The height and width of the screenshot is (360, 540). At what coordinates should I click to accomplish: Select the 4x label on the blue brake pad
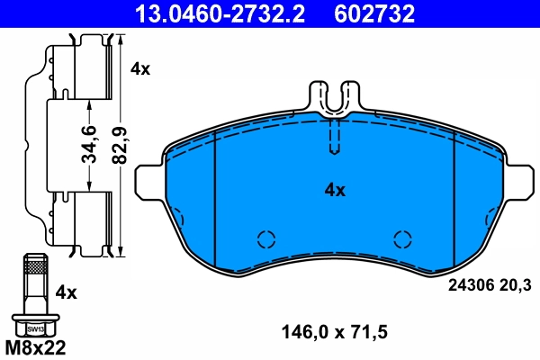[x=335, y=190]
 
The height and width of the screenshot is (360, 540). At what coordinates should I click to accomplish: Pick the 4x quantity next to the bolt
[x=67, y=292]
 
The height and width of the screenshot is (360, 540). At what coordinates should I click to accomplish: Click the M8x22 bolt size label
[x=36, y=346]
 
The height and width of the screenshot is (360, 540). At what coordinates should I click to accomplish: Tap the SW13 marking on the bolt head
[x=33, y=328]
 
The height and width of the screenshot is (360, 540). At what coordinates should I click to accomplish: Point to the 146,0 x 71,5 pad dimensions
[x=335, y=332]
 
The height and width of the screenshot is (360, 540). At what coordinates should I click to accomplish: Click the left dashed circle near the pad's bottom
[x=265, y=239]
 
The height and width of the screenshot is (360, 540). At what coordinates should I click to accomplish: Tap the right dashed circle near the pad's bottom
[x=402, y=239]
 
